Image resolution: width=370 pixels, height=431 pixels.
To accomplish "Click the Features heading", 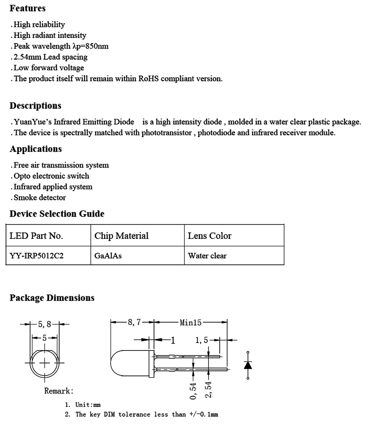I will point(27,8).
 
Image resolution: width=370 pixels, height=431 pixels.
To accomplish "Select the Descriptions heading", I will point(35,106).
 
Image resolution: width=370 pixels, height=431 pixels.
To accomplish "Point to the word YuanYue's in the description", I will point(30,122).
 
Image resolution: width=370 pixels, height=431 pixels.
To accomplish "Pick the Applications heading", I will point(36,149).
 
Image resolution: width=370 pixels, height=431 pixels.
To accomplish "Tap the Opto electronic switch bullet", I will point(51,176).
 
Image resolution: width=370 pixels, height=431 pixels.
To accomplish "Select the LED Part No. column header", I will point(36,236).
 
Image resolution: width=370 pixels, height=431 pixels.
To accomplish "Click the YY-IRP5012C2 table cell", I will point(37,256).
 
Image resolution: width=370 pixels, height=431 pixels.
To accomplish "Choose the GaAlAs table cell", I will point(108,256).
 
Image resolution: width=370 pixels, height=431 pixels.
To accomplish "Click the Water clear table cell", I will point(207,256).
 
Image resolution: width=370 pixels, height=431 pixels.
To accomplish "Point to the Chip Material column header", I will point(121,236).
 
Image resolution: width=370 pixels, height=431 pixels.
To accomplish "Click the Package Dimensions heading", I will point(52,298).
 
